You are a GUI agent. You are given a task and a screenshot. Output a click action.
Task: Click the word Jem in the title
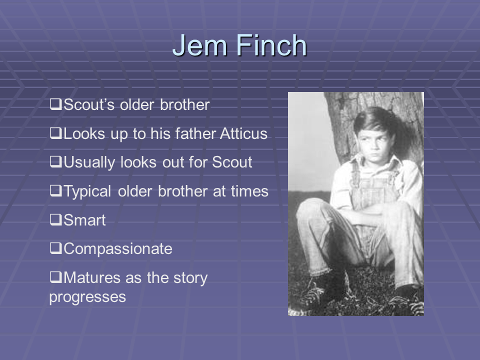[199, 45]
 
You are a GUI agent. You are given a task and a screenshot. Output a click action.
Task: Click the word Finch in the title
[271, 45]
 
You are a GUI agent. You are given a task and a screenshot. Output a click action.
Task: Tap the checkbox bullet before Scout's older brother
[55, 104]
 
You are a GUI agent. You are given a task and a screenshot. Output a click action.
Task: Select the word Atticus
[243, 133]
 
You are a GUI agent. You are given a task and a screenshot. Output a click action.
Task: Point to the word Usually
[89, 162]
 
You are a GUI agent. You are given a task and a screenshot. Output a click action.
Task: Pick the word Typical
[87, 191]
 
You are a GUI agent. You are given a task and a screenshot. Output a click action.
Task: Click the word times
[250, 191]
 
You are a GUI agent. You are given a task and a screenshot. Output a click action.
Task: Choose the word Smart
[84, 220]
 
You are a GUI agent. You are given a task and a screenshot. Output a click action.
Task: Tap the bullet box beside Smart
[55, 219]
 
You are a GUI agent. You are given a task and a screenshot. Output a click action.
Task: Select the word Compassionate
[118, 249]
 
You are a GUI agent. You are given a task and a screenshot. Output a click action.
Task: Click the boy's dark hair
[374, 120]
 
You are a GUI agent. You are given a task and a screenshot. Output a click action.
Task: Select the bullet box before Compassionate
[55, 248]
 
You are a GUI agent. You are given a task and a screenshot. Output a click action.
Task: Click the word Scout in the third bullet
[232, 162]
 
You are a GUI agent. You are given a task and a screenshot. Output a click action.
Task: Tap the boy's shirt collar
[375, 164]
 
